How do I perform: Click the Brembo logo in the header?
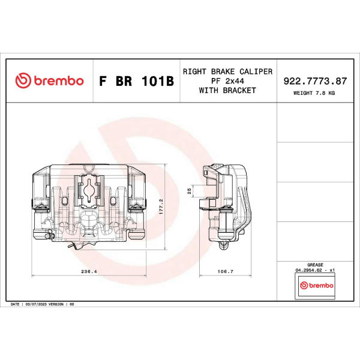(x=49, y=80)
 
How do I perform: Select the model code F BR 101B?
(x=136, y=81)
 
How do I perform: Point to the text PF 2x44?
(x=227, y=81)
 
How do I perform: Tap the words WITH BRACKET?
(x=227, y=91)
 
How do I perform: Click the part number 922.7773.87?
(x=315, y=81)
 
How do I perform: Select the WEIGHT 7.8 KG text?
(x=314, y=93)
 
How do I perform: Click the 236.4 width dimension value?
(x=89, y=271)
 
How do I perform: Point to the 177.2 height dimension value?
(x=161, y=206)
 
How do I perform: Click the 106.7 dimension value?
(x=225, y=271)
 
